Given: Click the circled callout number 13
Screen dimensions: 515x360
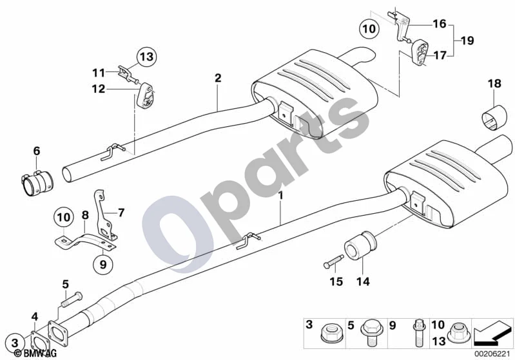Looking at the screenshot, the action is pyautogui.click(x=146, y=57).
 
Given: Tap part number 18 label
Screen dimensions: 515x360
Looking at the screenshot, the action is pyautogui.click(x=494, y=84).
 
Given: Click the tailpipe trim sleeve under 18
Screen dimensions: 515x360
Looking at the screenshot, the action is pyautogui.click(x=494, y=117).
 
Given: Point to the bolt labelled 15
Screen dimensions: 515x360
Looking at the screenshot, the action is pyautogui.click(x=333, y=261).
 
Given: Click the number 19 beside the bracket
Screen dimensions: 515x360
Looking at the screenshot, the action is pyautogui.click(x=468, y=41).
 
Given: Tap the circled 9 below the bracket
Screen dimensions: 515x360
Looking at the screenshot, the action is pyautogui.click(x=102, y=264).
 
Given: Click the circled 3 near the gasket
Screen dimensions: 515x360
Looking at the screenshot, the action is pyautogui.click(x=15, y=343).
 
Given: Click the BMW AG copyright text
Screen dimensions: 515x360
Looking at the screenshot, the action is pyautogui.click(x=35, y=353).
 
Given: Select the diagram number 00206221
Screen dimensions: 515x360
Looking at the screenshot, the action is pyautogui.click(x=492, y=354).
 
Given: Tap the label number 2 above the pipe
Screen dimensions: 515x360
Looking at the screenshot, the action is pyautogui.click(x=218, y=78).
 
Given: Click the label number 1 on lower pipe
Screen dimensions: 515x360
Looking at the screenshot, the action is pyautogui.click(x=280, y=196).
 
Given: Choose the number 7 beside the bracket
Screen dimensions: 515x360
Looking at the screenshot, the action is pyautogui.click(x=121, y=213).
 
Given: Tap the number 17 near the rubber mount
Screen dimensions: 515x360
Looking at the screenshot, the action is pyautogui.click(x=440, y=55).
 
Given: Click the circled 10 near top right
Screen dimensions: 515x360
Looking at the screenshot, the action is pyautogui.click(x=369, y=28).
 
